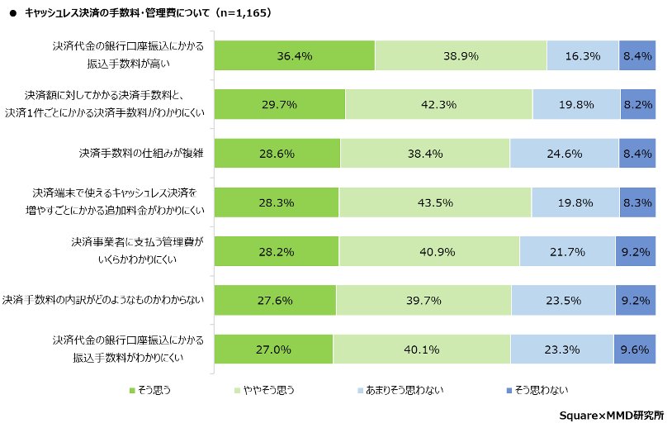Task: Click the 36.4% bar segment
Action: tap(295, 56)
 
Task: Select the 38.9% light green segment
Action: tap(461, 56)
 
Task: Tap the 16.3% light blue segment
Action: tap(583, 56)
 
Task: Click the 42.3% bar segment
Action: tap(439, 105)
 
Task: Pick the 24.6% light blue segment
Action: tap(563, 154)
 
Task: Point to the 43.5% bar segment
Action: tap(435, 202)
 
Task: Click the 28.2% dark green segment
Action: tap(277, 251)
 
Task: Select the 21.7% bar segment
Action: tap(568, 251)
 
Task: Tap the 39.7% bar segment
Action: tap(424, 300)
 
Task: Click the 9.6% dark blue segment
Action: tap(635, 349)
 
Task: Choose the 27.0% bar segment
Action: tap(274, 349)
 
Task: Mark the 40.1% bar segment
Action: tap(422, 349)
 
